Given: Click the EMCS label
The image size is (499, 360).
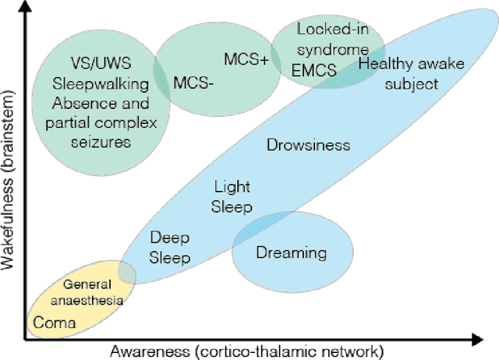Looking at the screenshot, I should point(316,71).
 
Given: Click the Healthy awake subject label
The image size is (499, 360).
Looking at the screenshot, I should point(398,75).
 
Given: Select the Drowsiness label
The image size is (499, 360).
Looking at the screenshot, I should point(308,145).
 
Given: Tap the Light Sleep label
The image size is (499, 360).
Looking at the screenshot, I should point(232,196).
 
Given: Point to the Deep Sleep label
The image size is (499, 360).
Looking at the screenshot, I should point(170,247).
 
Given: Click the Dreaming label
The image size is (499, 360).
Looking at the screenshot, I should point(291,253).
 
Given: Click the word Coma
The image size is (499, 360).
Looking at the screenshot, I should point(54,323).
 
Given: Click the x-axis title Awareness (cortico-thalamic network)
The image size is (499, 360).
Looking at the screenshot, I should point(248,351).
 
